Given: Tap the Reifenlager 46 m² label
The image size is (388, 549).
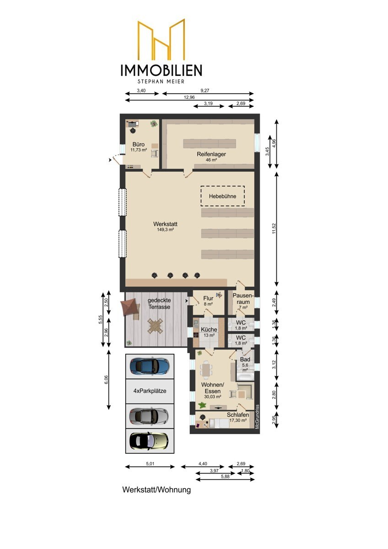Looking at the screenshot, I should pyautogui.click(x=211, y=157).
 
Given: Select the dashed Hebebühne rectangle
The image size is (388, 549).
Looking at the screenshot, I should pyautogui.click(x=222, y=196).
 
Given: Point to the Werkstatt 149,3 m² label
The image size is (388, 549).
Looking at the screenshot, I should pyautogui.click(x=165, y=226).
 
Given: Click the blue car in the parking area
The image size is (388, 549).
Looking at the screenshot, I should pyautogui.click(x=149, y=366).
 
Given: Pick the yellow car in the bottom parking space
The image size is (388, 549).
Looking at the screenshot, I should pyautogui.click(x=149, y=441).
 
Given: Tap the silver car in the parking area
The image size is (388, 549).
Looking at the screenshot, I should pyautogui.click(x=149, y=415).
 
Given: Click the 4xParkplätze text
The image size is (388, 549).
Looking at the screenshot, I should pyautogui.click(x=150, y=391).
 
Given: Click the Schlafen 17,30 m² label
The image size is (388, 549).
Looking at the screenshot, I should pyautogui.click(x=238, y=417).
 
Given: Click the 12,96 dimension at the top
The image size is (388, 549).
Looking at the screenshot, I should pyautogui.click(x=189, y=97).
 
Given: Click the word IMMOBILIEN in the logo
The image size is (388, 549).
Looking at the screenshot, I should pyautogui.click(x=161, y=70).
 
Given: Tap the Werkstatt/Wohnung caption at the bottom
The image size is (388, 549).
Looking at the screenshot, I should pyautogui.click(x=156, y=490).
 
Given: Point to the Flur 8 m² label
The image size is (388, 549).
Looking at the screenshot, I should pyautogui.click(x=208, y=301).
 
